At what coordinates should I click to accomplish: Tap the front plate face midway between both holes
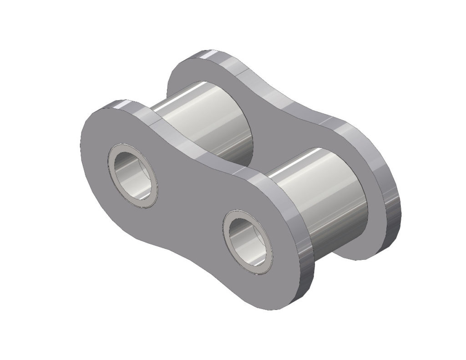[x=191, y=209]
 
